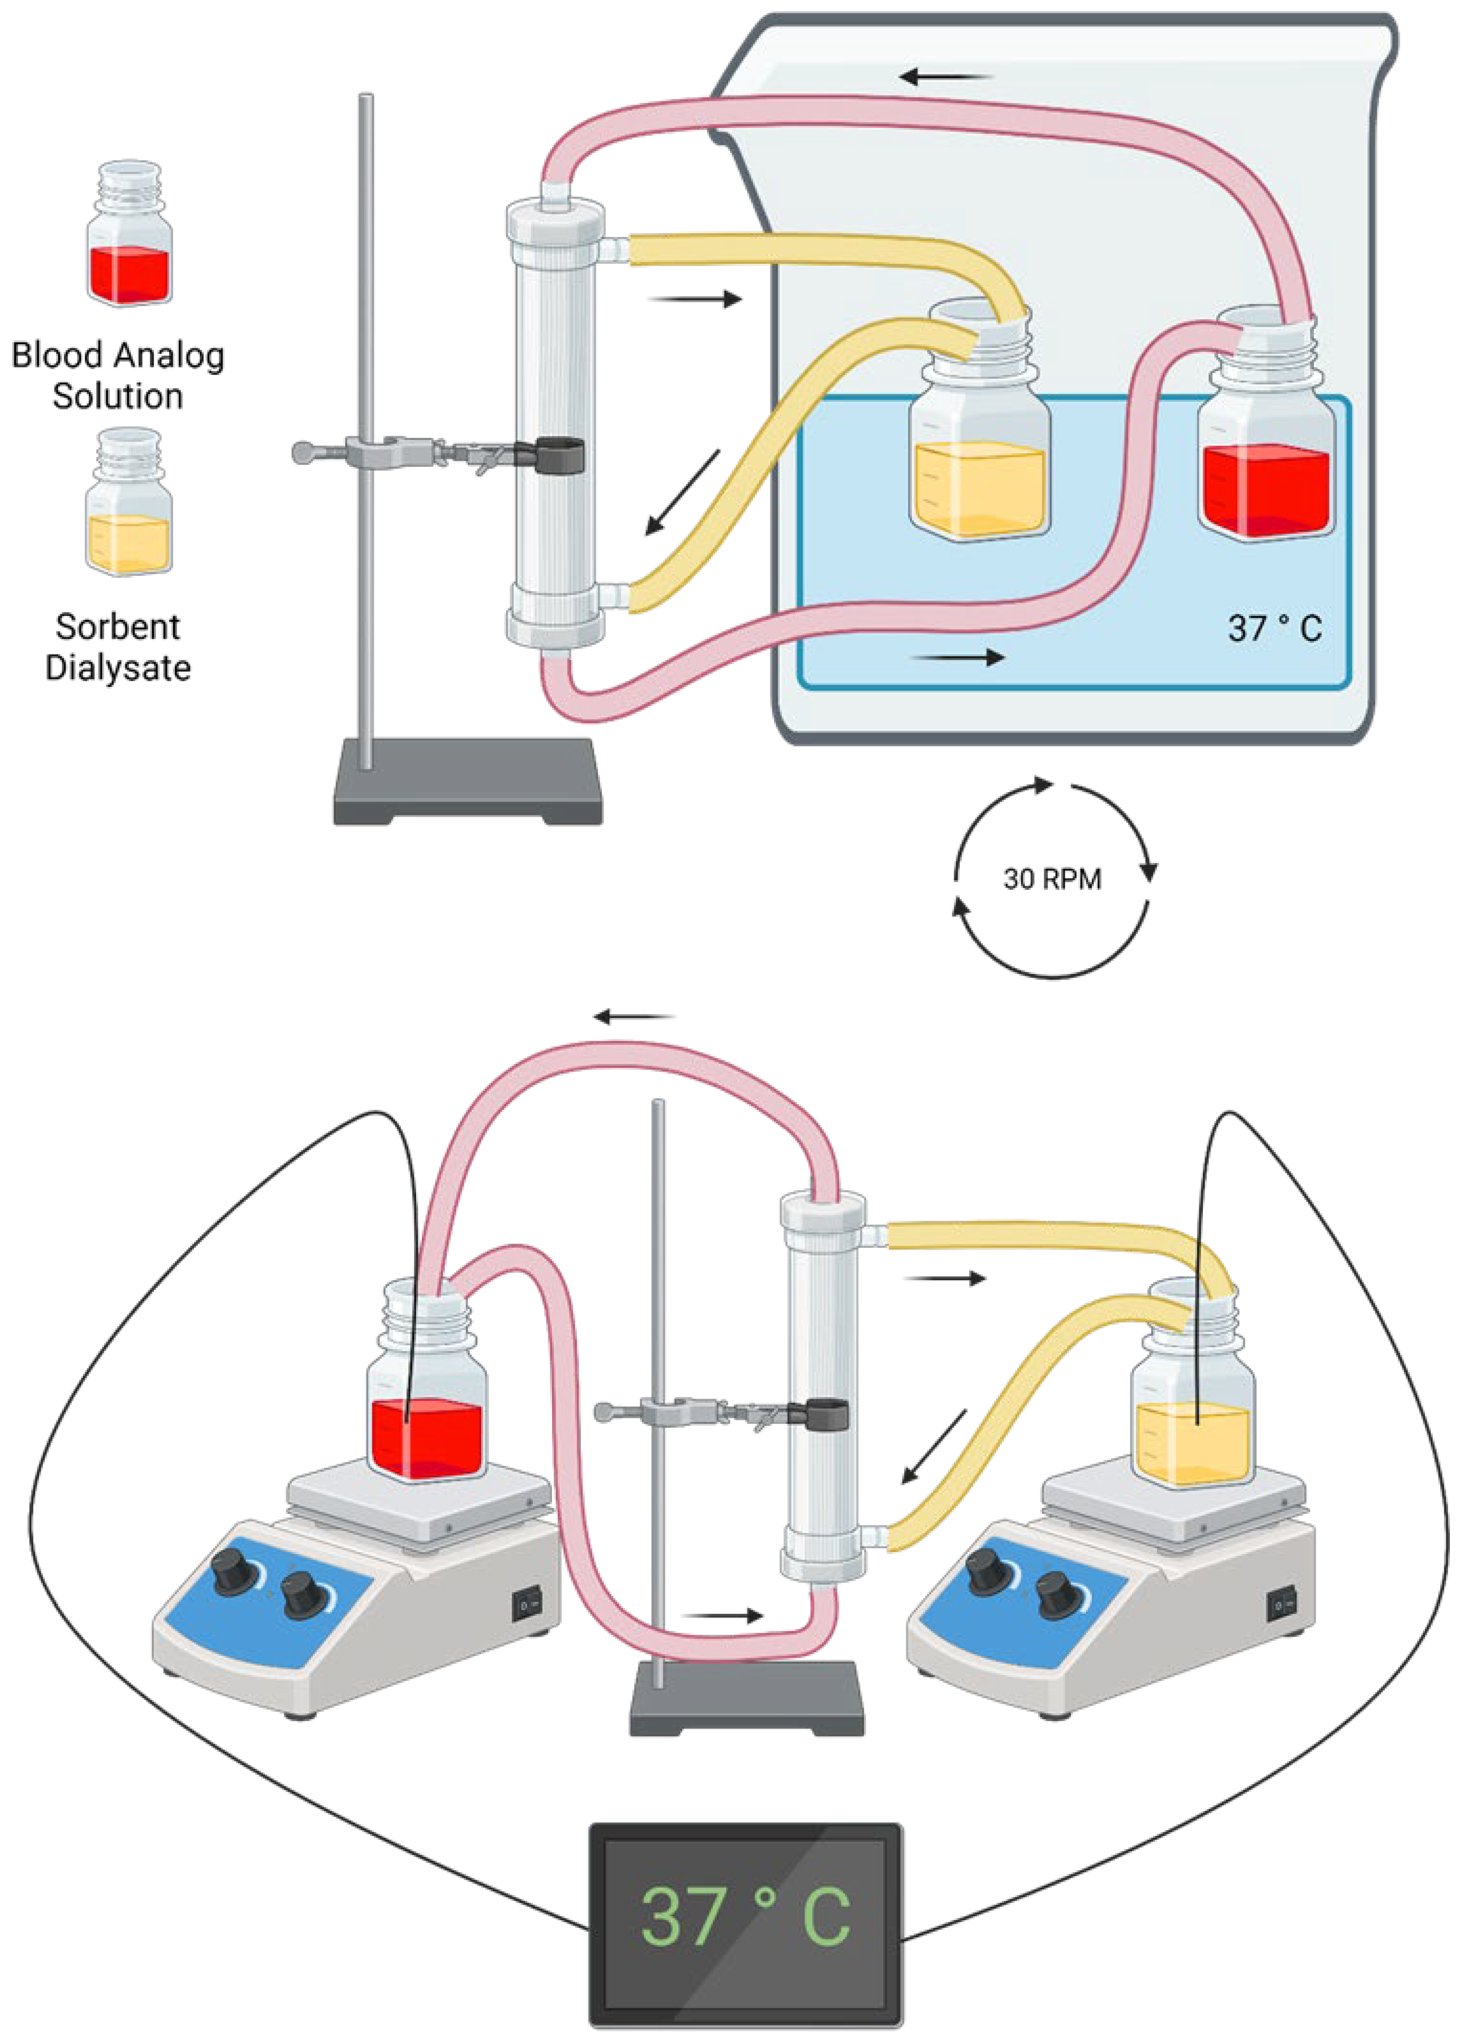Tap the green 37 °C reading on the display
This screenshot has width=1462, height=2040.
point(745,1916)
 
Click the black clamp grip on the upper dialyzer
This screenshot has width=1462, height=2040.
point(559,454)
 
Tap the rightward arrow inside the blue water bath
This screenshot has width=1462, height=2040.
point(958,657)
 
